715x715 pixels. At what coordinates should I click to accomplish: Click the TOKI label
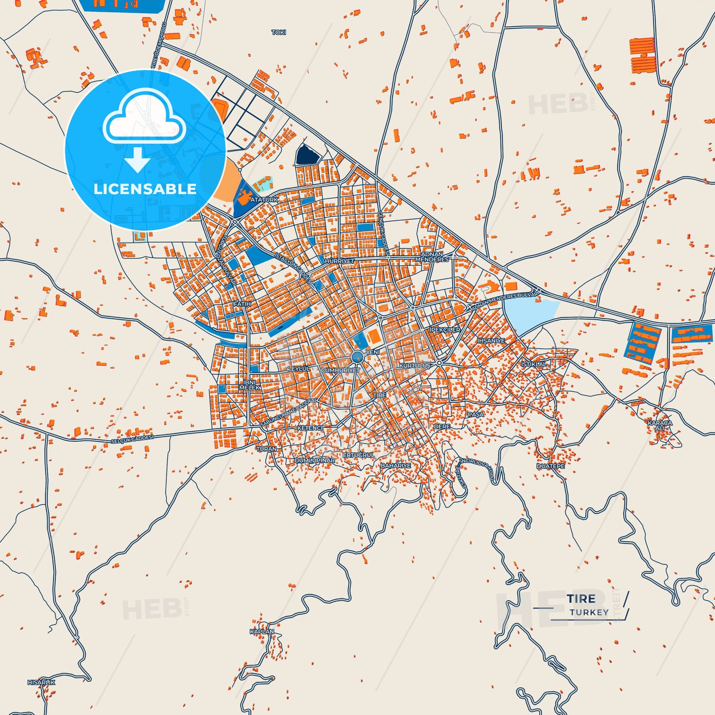279,32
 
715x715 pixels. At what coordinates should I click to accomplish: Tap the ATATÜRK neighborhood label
264,199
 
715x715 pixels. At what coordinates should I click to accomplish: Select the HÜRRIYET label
339,261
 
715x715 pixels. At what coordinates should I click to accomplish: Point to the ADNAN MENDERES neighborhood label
432,257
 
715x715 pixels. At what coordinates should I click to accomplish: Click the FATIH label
242,304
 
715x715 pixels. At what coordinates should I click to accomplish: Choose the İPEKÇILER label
445,330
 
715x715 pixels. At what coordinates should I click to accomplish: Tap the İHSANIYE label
491,341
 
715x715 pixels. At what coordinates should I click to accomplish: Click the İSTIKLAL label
534,364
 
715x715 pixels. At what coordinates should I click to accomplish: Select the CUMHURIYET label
340,370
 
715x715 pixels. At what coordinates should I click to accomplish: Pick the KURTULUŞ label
415,365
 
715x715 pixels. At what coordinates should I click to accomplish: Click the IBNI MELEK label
249,384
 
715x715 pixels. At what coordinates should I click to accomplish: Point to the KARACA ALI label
660,425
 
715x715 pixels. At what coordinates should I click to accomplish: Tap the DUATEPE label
550,466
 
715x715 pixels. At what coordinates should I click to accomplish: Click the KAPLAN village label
261,631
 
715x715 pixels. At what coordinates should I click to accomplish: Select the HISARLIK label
41,682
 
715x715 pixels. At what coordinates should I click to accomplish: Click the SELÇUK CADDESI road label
132,439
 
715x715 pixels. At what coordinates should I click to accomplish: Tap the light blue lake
529,315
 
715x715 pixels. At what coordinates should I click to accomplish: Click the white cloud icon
144,119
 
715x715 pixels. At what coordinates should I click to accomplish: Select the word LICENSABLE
145,189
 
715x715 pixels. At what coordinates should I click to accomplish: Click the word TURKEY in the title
589,612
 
